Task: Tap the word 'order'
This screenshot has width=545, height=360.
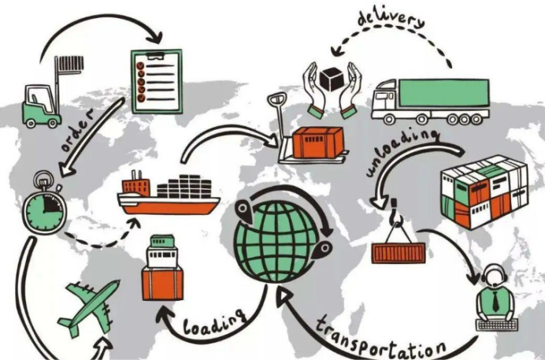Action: [77, 130]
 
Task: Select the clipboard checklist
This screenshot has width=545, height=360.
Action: [157, 81]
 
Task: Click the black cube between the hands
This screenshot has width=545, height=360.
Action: [332, 80]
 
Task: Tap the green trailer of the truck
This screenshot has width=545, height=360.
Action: [443, 92]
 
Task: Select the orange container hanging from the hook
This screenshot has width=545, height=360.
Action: [399, 253]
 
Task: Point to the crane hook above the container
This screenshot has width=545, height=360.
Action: [396, 211]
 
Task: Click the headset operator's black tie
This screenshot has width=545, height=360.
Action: [495, 301]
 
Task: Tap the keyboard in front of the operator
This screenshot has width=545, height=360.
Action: [497, 325]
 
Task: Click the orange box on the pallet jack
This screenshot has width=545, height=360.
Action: [318, 142]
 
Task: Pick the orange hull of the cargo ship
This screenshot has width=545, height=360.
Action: [169, 207]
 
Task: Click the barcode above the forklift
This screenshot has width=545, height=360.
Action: [71, 64]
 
